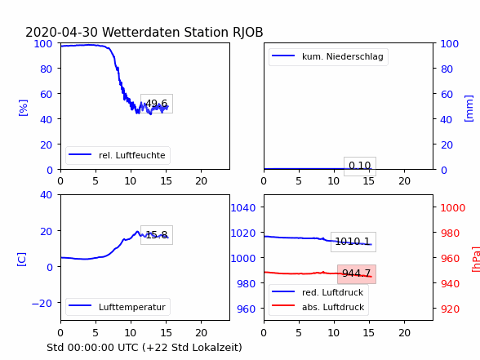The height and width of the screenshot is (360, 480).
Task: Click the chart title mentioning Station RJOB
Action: pos(144,32)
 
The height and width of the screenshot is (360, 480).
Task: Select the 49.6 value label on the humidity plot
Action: pos(157,104)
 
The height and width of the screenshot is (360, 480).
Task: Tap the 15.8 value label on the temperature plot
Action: pos(157,235)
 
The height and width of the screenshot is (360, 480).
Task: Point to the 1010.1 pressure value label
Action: pos(353,242)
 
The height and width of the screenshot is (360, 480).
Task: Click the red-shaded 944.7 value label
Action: pos(357,273)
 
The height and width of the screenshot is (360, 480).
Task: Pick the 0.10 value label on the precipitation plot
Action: pos(360,166)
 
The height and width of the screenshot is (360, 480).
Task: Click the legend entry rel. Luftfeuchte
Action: pos(118,155)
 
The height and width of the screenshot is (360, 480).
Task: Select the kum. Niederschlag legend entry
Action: pos(328,56)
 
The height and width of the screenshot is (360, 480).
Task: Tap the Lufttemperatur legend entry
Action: pos(118,307)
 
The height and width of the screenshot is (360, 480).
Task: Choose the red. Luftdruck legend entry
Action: pos(318,292)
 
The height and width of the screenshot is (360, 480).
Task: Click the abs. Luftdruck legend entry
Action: pos(318,307)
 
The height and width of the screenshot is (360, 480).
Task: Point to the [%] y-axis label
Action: pos(23,108)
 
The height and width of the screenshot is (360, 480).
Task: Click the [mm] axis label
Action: pos(469,109)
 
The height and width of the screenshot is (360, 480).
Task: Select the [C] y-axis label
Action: pos(22,259)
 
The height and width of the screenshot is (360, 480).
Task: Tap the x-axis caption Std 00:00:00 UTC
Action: pos(144,348)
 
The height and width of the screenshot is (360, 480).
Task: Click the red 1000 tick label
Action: pos(453,208)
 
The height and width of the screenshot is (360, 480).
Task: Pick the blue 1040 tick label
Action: pos(243,208)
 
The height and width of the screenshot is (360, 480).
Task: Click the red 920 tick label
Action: pos(450,309)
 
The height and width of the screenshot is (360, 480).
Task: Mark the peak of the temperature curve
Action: pos(137,232)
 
